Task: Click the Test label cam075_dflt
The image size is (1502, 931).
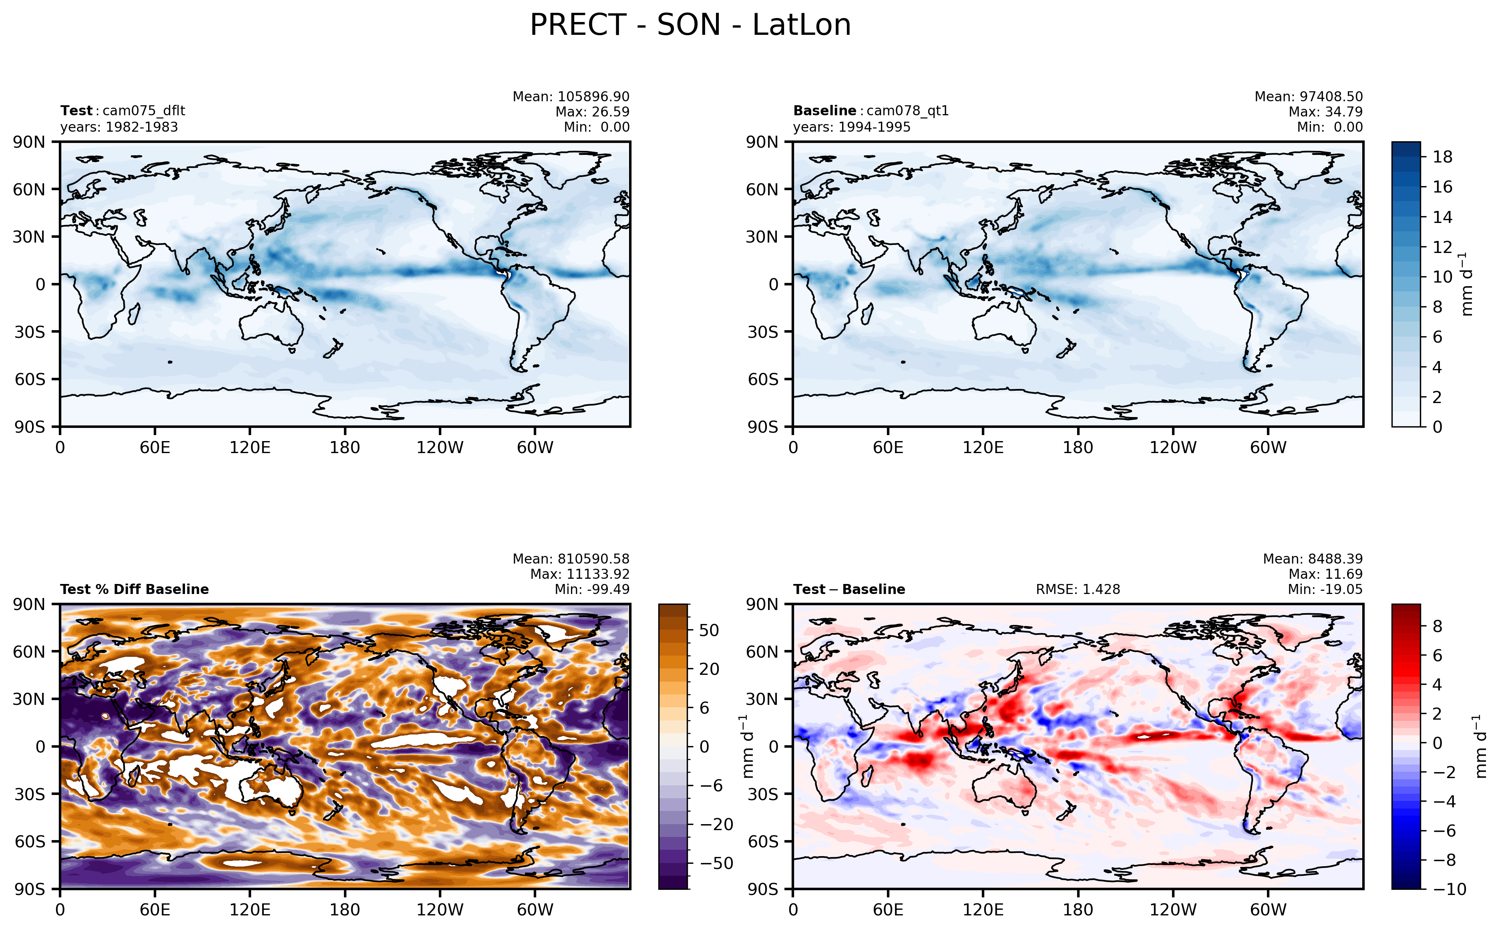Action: coord(123,111)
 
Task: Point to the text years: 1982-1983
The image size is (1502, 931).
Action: coord(119,127)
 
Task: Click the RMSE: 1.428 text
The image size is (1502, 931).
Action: coord(1077,589)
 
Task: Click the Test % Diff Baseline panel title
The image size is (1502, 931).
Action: coord(134,589)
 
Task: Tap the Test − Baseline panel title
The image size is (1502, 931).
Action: coord(849,589)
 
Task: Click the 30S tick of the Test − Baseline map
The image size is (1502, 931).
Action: coord(762,794)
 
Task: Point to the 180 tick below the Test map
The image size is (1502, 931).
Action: coord(344,447)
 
